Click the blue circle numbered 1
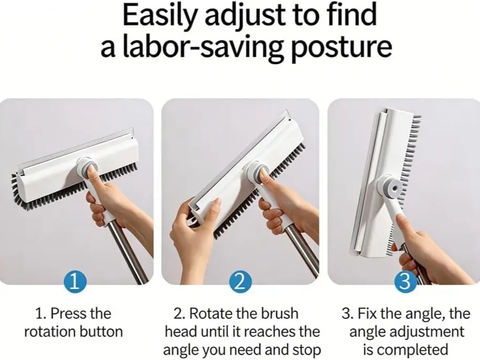[75, 282]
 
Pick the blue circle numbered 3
[405, 282]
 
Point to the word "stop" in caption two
[306, 350]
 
